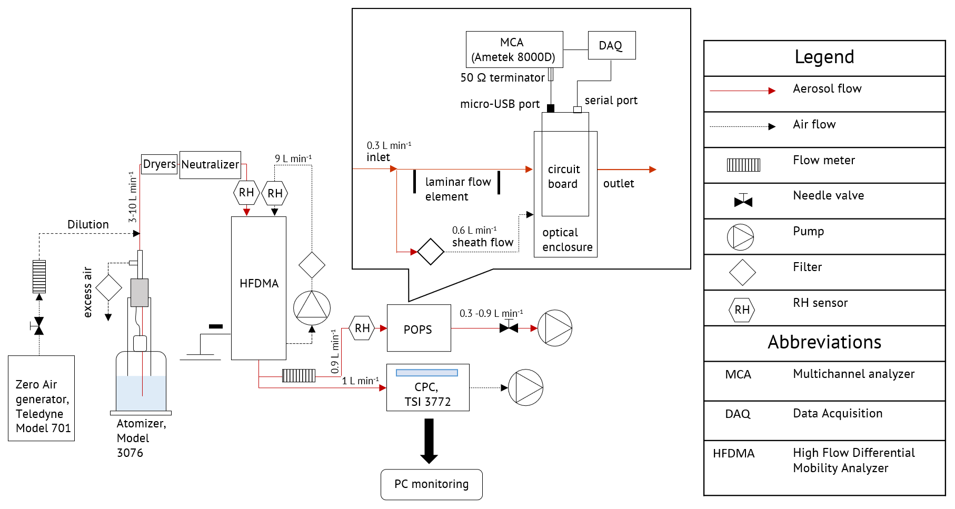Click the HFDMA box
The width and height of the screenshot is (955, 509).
click(258, 288)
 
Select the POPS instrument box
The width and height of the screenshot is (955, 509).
click(419, 328)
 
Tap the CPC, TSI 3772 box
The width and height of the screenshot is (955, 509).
click(427, 387)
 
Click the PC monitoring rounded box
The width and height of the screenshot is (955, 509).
click(431, 484)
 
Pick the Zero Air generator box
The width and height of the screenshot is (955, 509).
click(41, 398)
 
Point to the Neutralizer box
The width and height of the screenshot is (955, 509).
click(210, 165)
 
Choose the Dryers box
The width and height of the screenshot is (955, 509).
click(159, 164)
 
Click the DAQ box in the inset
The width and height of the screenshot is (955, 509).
click(611, 45)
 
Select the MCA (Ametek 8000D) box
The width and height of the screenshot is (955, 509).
click(514, 49)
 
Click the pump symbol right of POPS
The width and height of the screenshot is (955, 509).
click(555, 328)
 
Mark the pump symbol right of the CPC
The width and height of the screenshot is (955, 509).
click(525, 387)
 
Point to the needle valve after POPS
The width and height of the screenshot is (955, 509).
click(509, 327)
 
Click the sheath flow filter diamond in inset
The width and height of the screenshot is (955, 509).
click(431, 252)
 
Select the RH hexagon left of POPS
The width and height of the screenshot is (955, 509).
click(362, 328)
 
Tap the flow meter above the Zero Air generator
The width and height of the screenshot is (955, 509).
click(39, 276)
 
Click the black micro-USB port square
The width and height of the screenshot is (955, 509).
click(551, 108)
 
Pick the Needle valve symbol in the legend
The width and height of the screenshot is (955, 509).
click(743, 201)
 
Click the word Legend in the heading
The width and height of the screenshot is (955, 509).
click(824, 57)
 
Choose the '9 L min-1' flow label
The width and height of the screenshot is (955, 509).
click(293, 158)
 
